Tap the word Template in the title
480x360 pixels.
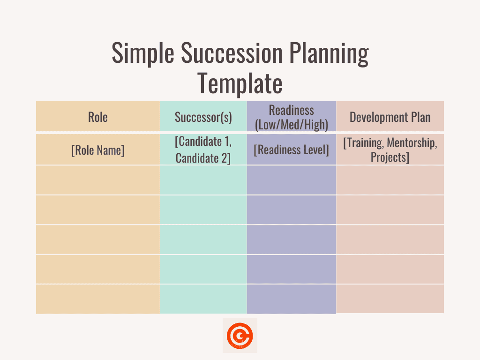(240, 83)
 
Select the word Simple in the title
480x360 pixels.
(142, 54)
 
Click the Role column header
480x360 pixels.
(98, 117)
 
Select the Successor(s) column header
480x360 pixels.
(203, 117)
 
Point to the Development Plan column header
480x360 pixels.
(390, 117)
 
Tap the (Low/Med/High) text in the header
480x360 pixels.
(291, 125)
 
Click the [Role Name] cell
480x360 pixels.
(98, 150)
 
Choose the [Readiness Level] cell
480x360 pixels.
(291, 150)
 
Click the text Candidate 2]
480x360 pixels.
(203, 158)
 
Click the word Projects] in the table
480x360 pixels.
(390, 157)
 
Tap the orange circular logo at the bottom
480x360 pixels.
(240, 336)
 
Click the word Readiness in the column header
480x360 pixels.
(291, 110)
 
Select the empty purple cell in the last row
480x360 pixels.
(291, 299)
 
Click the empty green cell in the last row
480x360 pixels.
(203, 299)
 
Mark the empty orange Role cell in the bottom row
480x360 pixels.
(98, 299)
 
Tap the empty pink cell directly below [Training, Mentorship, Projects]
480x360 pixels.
(390, 180)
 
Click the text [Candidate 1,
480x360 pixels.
(203, 142)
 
